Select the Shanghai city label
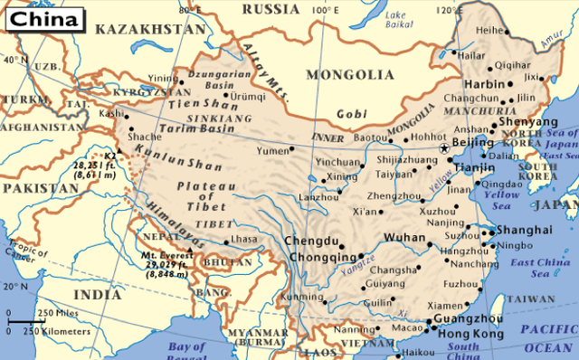pos(525,230)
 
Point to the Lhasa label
pos(243,239)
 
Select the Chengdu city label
pos(311,242)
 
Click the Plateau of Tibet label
pos(192,197)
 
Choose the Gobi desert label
pos(351,114)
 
